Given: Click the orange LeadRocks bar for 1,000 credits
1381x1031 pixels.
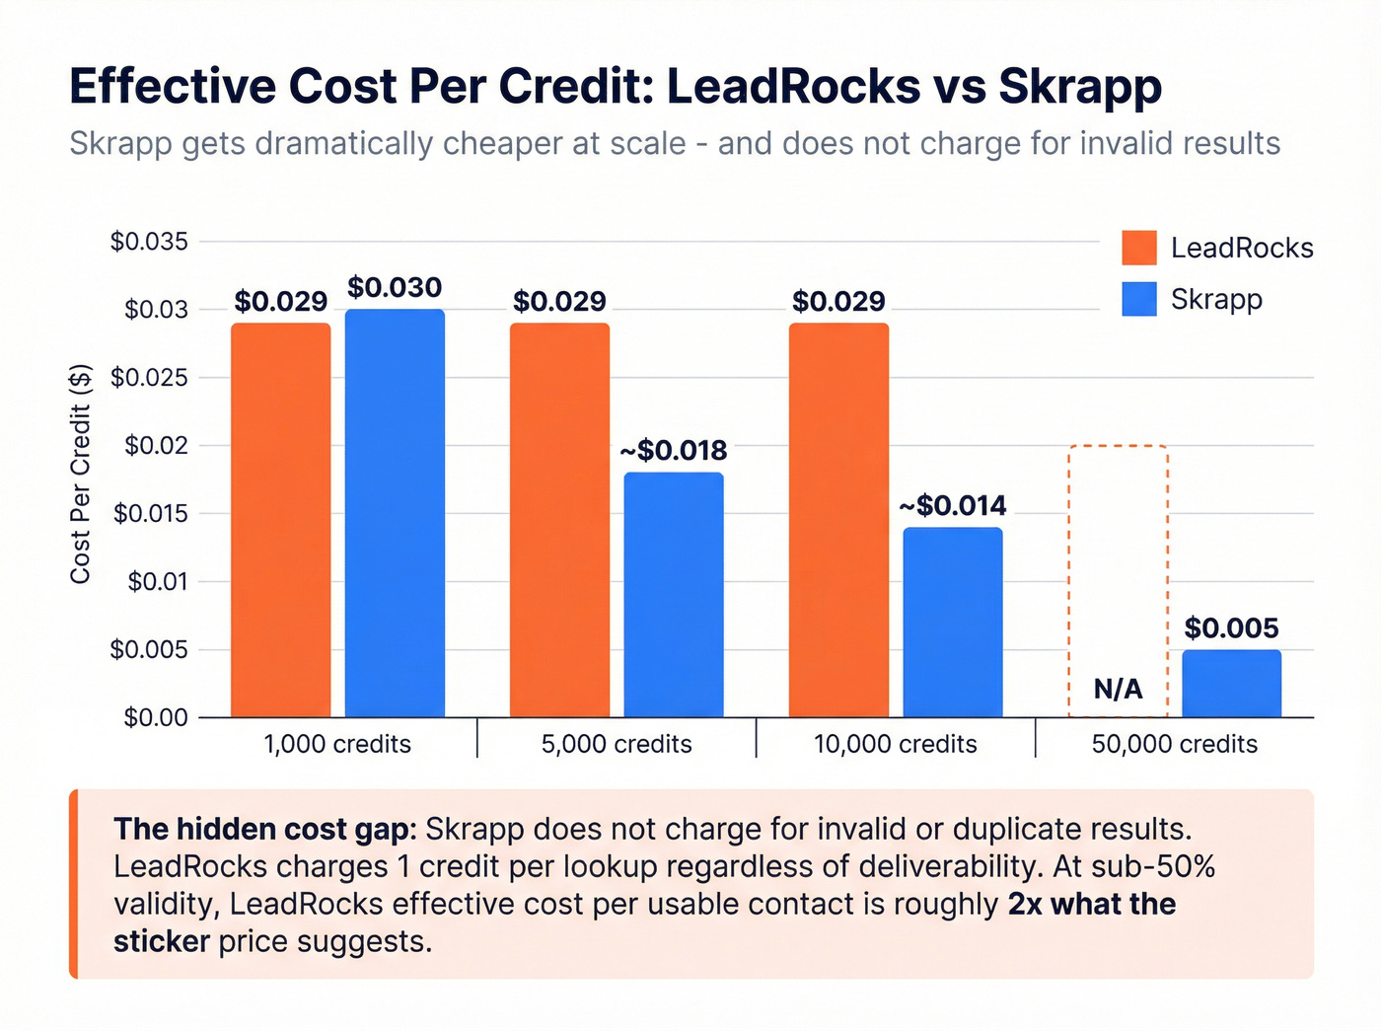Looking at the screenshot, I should point(281,520).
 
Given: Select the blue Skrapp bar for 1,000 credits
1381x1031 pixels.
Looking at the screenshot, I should point(395,513).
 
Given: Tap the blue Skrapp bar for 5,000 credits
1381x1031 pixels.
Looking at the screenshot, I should point(674,595).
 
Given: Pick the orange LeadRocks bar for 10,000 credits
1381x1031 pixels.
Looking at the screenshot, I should point(838,520).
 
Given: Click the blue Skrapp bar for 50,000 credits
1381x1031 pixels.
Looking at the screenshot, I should point(1231,684).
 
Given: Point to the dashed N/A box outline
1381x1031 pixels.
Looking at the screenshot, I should point(1119,447).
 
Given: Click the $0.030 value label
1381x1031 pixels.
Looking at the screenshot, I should point(395,288).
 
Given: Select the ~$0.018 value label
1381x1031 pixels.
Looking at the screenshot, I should point(674,451).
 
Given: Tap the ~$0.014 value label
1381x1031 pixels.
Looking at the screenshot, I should point(953,506).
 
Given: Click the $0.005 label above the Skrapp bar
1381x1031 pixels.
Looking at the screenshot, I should point(1231,628).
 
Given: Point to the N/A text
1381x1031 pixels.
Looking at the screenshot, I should point(1119,689).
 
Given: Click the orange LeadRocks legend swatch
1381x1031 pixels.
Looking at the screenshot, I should point(1139,248).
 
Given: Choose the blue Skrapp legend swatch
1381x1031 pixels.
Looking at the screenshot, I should point(1139,299).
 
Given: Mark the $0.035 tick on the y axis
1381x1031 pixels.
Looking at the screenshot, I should point(149,242).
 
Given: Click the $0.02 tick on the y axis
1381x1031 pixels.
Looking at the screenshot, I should point(156,446).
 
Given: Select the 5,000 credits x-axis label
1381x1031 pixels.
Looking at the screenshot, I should point(617,744).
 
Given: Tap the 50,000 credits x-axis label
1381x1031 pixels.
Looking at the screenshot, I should point(1175,744).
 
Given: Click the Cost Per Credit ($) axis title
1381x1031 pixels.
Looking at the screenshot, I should point(81,474).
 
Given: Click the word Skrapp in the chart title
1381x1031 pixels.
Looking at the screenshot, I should point(1080,87).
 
